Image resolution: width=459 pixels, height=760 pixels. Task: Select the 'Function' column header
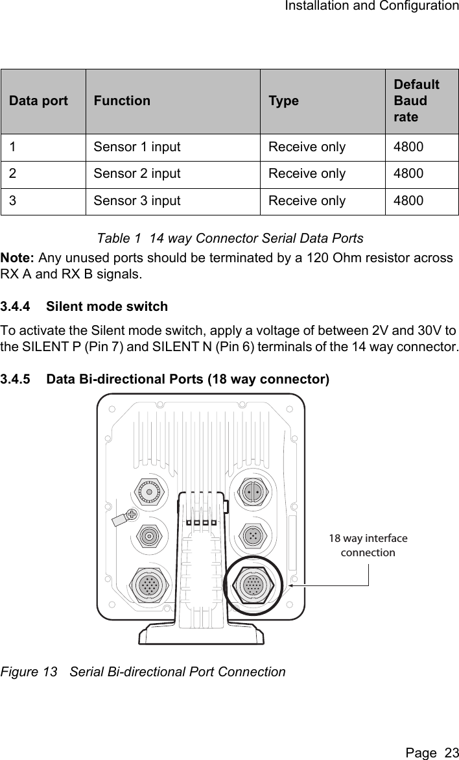pyautogui.click(x=122, y=101)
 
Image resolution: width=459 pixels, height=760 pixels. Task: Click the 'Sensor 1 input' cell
pyautogui.click(x=137, y=147)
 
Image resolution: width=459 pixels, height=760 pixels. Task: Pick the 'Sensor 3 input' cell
pyautogui.click(x=137, y=201)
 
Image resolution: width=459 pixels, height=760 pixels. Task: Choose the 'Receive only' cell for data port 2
pyautogui.click(x=307, y=174)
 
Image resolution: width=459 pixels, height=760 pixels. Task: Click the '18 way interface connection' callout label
pyautogui.click(x=368, y=545)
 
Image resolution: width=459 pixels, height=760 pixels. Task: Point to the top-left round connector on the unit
pyautogui.click(x=150, y=492)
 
